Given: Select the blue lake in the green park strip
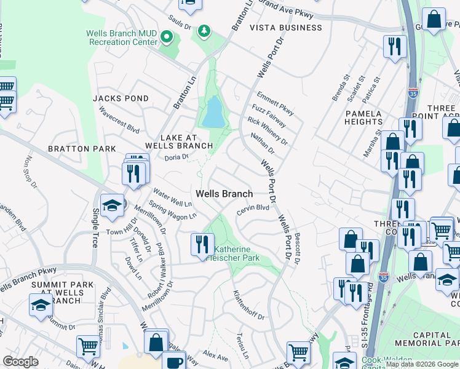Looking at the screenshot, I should coord(212,112).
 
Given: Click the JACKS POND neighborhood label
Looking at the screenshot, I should coord(121,98).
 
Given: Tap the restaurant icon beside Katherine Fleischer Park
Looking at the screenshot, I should coord(202,245).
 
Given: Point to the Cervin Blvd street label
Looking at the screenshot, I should coord(253,209).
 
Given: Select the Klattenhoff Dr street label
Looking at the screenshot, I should coord(248,305).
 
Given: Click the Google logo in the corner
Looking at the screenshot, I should coord(20,361).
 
